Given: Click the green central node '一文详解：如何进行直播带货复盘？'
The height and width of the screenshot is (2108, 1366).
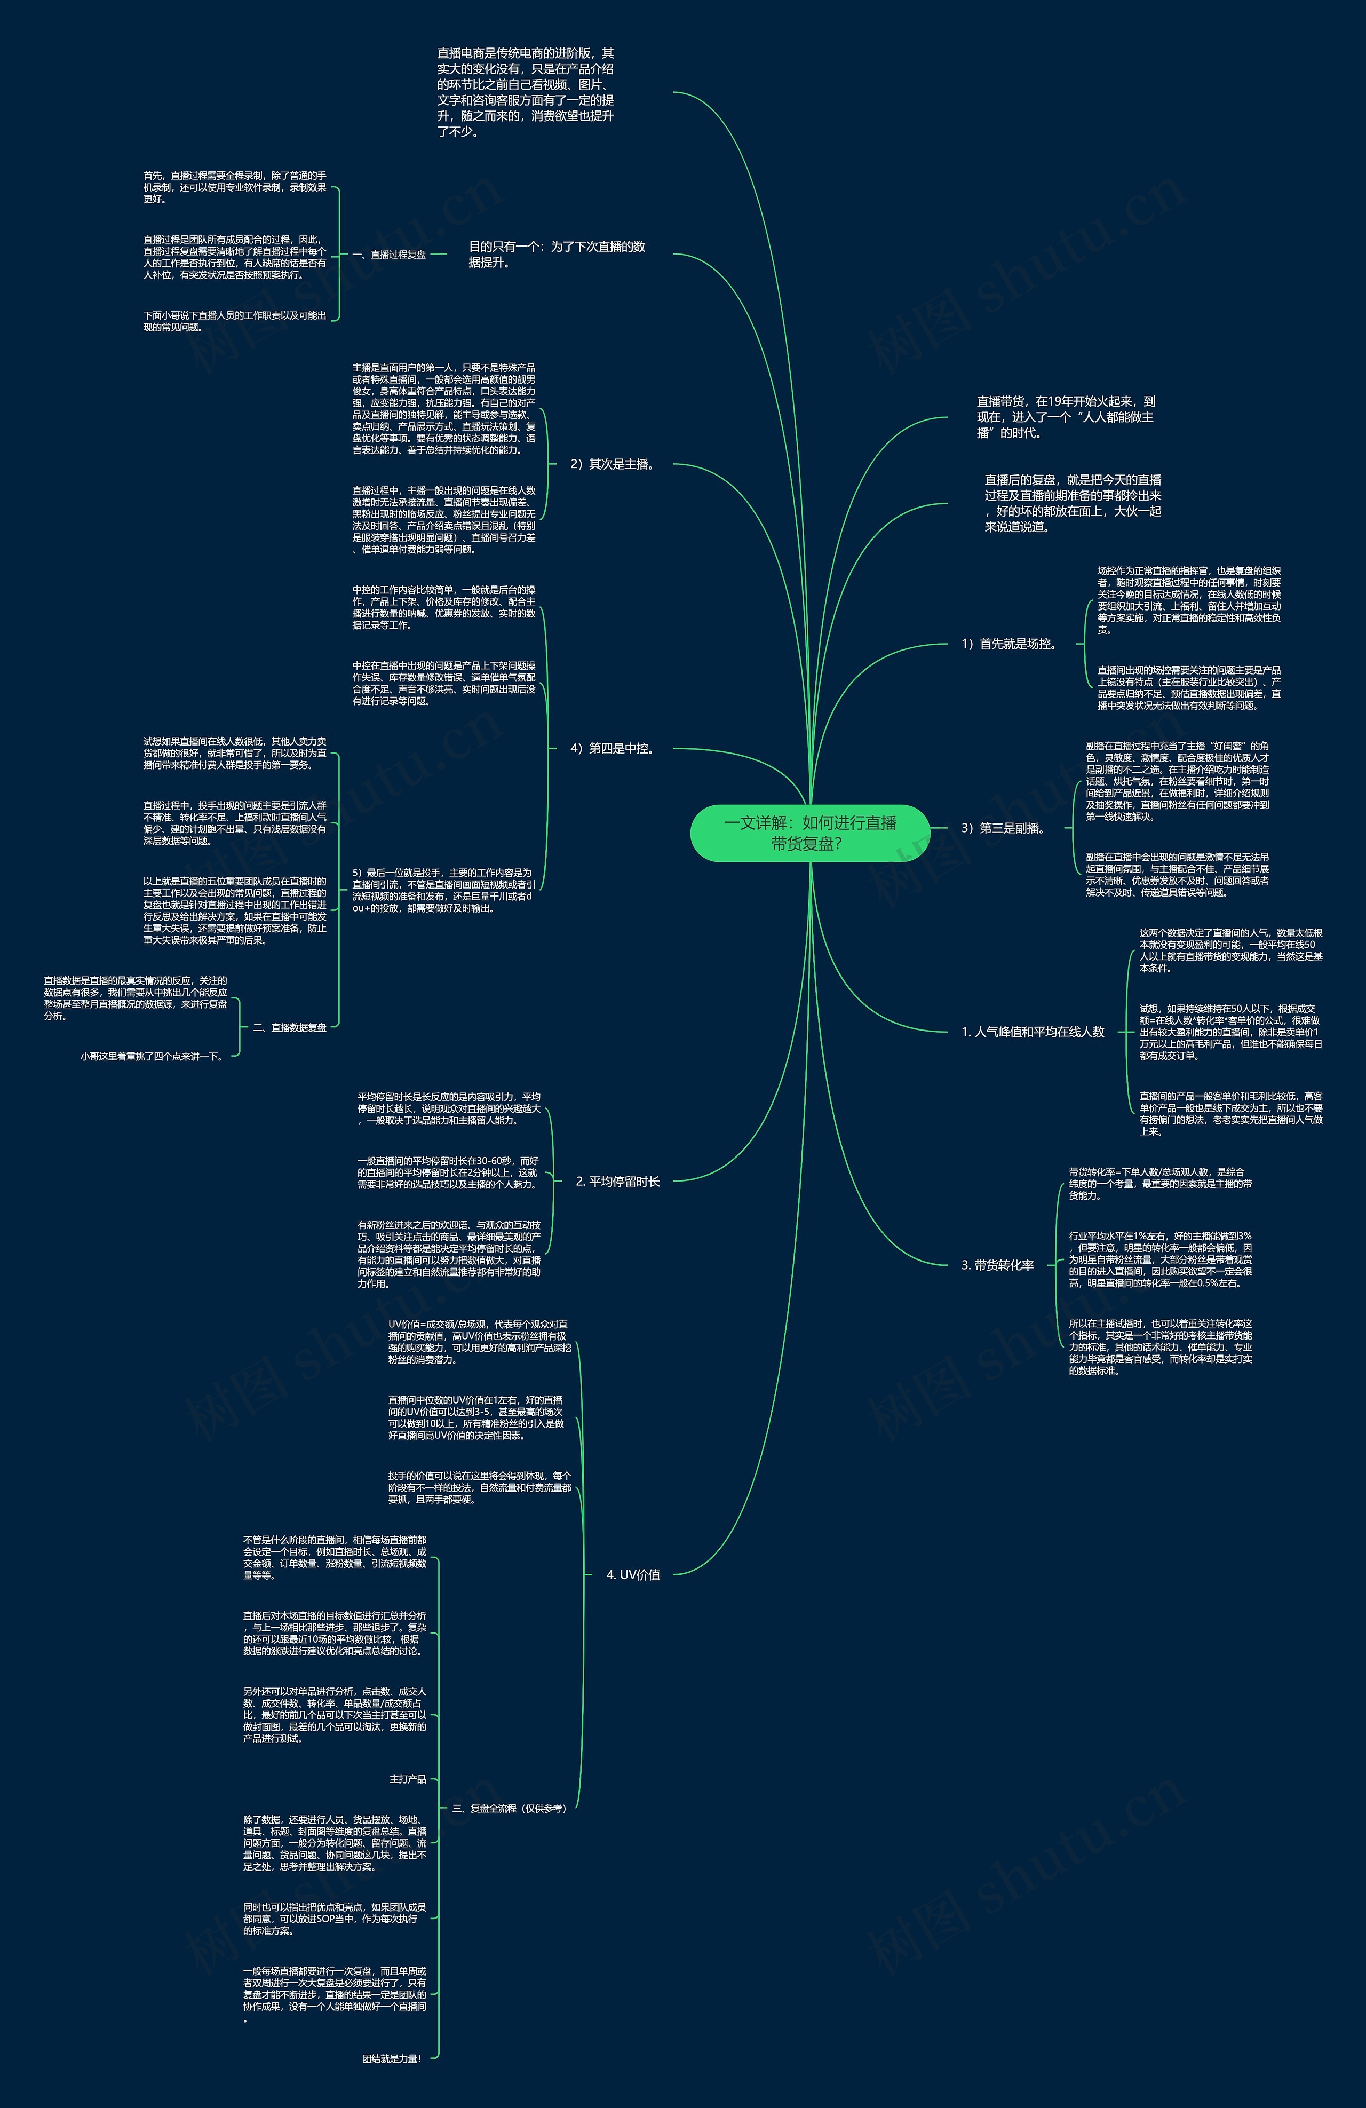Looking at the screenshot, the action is point(809,833).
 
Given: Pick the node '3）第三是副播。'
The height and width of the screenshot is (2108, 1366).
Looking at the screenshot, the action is point(1004,828).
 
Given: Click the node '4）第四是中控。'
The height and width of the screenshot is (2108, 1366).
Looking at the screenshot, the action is point(612,748).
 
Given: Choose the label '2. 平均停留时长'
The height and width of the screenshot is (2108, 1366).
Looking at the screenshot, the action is point(617,1182).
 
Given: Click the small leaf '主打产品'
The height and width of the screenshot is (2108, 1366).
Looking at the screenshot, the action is point(408,1779).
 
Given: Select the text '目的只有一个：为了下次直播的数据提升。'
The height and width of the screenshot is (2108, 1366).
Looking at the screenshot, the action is point(557,254).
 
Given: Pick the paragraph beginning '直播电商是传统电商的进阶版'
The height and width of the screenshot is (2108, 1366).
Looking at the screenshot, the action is point(525,93).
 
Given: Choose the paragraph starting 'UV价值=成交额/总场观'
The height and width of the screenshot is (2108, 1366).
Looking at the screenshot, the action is point(478,1342).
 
